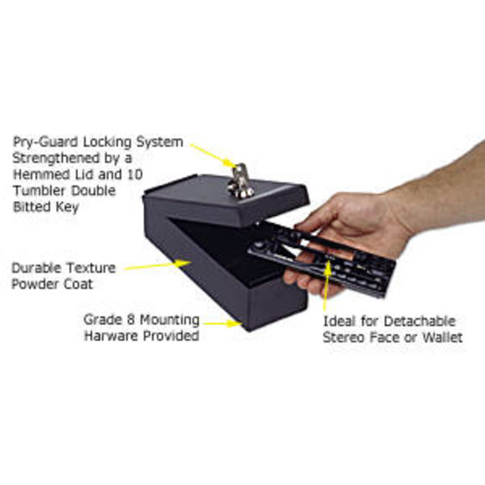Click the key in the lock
[240, 180]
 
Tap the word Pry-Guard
[39, 143]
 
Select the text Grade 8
[109, 321]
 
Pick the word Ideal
[339, 321]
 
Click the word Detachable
[411, 321]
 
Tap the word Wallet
[441, 336]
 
